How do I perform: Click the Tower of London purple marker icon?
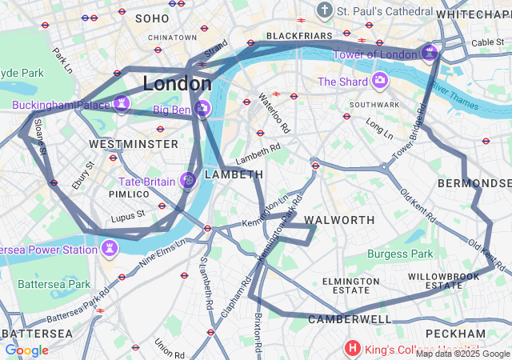(x=430, y=54)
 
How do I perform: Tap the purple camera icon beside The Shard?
(x=379, y=81)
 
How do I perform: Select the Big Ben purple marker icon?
(x=203, y=108)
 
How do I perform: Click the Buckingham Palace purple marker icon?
(x=122, y=103)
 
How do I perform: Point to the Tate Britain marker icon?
(x=187, y=182)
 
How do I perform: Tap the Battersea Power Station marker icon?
(x=108, y=248)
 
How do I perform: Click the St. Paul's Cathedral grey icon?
(x=324, y=10)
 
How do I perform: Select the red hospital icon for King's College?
(x=353, y=348)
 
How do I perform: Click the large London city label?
(x=177, y=83)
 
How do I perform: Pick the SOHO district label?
(x=152, y=18)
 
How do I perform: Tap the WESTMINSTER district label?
(x=134, y=144)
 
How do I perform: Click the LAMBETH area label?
(x=234, y=174)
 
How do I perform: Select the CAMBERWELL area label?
(x=350, y=319)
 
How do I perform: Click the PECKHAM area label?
(x=455, y=333)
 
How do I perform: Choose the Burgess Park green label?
(x=399, y=254)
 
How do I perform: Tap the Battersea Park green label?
(x=54, y=284)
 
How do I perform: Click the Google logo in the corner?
(x=26, y=350)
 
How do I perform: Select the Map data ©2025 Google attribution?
(x=462, y=354)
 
